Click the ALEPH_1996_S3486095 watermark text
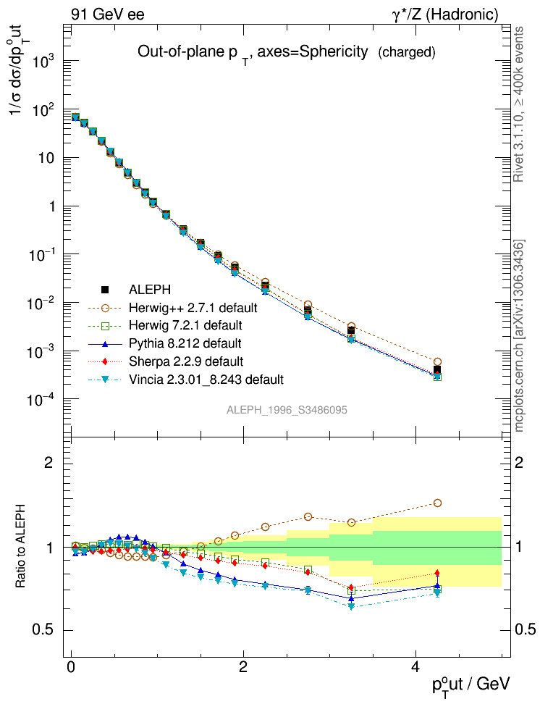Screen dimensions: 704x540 pos(287,410)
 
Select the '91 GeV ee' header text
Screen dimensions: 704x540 pos(107,14)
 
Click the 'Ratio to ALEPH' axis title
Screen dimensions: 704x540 pos(21,546)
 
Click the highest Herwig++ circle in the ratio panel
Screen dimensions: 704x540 pos(436,503)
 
